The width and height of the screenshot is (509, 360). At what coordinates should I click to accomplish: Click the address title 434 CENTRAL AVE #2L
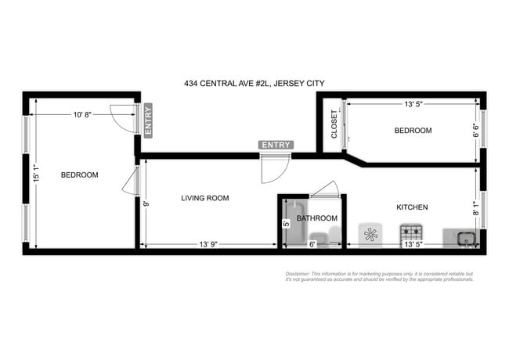click(x=254, y=83)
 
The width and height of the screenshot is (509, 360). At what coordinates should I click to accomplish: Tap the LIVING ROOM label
click(x=204, y=199)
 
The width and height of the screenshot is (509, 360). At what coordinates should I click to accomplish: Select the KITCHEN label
click(x=411, y=207)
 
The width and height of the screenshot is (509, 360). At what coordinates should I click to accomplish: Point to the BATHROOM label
click(x=316, y=218)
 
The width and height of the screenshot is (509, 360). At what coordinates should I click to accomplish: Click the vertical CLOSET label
click(x=334, y=124)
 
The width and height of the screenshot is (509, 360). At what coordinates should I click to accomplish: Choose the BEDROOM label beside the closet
click(x=412, y=131)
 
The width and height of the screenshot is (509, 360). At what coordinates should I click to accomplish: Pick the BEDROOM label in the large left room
click(x=79, y=175)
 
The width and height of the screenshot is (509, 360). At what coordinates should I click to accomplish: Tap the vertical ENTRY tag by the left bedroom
click(x=148, y=119)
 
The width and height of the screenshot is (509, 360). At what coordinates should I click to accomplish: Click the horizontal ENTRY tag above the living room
click(x=276, y=145)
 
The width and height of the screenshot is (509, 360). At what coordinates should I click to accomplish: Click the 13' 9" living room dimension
click(x=208, y=245)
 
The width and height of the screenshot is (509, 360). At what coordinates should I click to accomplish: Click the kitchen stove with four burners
click(x=411, y=234)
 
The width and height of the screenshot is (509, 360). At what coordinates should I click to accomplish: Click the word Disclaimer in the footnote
click(x=298, y=274)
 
